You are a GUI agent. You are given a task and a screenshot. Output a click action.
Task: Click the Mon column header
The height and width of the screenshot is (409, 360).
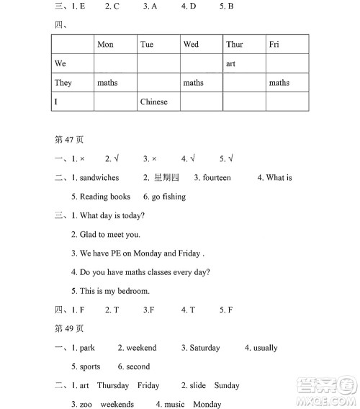coord(105,45)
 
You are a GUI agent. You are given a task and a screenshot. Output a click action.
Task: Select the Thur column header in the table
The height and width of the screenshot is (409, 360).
coord(235,45)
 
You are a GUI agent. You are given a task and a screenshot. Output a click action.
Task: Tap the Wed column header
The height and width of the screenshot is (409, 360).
coord(191,45)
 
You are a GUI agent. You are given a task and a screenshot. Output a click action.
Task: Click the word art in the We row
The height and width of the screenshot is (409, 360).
coord(230,64)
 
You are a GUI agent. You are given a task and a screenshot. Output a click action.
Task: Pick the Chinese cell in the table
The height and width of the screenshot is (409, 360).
coord(153,102)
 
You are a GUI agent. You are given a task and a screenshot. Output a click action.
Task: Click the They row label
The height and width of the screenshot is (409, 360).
coord(63,83)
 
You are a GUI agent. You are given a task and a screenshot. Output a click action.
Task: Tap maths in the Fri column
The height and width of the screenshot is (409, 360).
coord(279,83)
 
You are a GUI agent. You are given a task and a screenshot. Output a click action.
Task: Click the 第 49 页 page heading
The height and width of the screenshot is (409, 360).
coord(70,328)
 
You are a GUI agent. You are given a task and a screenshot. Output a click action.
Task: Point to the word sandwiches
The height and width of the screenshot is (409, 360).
coord(99,178)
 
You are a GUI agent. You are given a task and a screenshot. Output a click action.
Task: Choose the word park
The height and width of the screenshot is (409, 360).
coord(87,348)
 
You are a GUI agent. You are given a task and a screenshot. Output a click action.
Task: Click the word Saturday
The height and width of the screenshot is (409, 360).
coord(204,348)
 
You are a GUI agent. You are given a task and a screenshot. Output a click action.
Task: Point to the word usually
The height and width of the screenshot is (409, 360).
coord(265,348)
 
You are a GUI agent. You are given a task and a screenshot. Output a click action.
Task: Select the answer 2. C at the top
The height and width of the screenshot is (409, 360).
coord(112,6)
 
